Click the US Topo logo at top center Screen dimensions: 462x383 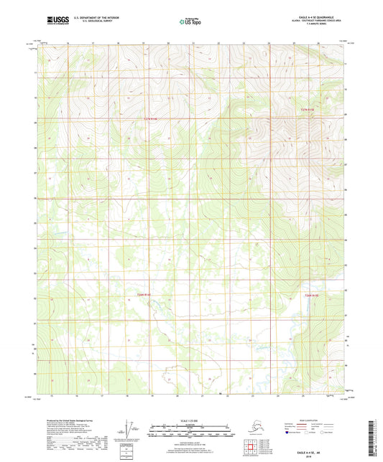190,22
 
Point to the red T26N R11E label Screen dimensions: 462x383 144,294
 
